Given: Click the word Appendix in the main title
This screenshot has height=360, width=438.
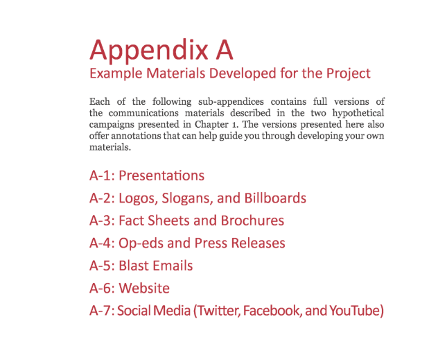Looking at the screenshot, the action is click(x=149, y=51).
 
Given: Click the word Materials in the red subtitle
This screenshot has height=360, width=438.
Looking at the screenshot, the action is click(x=176, y=74).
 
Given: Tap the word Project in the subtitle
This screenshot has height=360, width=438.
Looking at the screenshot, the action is click(x=349, y=74).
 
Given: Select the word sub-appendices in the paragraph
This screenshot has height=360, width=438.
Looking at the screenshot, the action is click(x=231, y=102).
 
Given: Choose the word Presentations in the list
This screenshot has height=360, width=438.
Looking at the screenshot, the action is click(x=161, y=175).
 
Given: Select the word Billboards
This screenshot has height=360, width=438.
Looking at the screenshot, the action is click(x=275, y=198).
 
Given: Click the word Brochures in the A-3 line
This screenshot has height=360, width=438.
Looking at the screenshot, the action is click(x=252, y=221).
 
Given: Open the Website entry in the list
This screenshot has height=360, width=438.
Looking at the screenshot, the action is click(x=144, y=288).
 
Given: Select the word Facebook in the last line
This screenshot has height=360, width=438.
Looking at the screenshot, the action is click(x=272, y=311).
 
